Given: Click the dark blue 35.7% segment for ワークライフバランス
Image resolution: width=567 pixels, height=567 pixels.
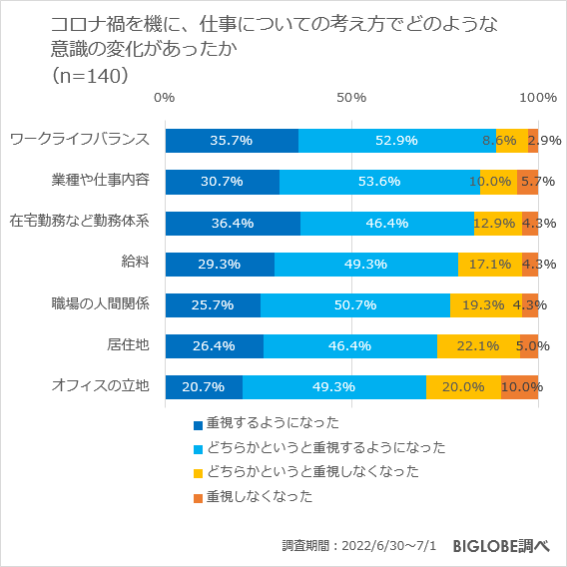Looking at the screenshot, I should click(x=232, y=141).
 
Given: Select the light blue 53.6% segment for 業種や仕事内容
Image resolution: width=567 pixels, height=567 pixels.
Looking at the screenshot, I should click(x=379, y=182).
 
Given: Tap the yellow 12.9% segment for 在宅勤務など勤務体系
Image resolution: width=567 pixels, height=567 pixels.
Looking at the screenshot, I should click(x=497, y=223).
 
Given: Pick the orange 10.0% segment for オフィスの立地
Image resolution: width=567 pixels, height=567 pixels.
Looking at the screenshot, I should click(x=520, y=387).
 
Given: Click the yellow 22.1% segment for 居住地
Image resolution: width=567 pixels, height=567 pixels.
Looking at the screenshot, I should click(x=477, y=346).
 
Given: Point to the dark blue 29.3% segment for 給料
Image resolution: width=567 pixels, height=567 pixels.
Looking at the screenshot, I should click(x=220, y=264).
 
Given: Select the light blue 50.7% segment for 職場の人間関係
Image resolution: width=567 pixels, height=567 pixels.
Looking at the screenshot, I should click(x=355, y=305).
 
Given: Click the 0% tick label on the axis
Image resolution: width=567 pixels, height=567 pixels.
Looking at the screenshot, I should click(x=165, y=97).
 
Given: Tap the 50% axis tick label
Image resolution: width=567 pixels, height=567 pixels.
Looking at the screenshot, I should click(x=351, y=97).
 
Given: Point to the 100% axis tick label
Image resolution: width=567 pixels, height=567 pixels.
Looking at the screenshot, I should click(x=539, y=97).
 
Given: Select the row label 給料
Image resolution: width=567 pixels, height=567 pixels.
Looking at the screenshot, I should click(x=135, y=262).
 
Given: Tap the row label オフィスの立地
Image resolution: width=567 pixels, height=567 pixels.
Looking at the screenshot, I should click(x=100, y=385).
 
